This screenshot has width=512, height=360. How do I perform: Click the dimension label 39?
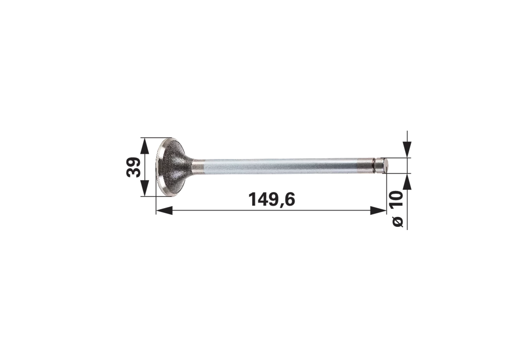[133, 167]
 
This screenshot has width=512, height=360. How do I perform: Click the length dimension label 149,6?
[272, 200]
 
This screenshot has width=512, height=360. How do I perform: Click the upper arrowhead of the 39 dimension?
[144, 146]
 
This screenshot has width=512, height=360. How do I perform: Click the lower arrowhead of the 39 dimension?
[144, 188]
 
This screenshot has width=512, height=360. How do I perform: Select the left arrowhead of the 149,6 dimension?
[164, 210]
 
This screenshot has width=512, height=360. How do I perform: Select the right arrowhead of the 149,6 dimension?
[378, 210]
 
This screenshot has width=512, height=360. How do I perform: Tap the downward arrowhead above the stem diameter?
[407, 150]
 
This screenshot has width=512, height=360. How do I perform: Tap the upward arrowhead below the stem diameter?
[407, 182]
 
